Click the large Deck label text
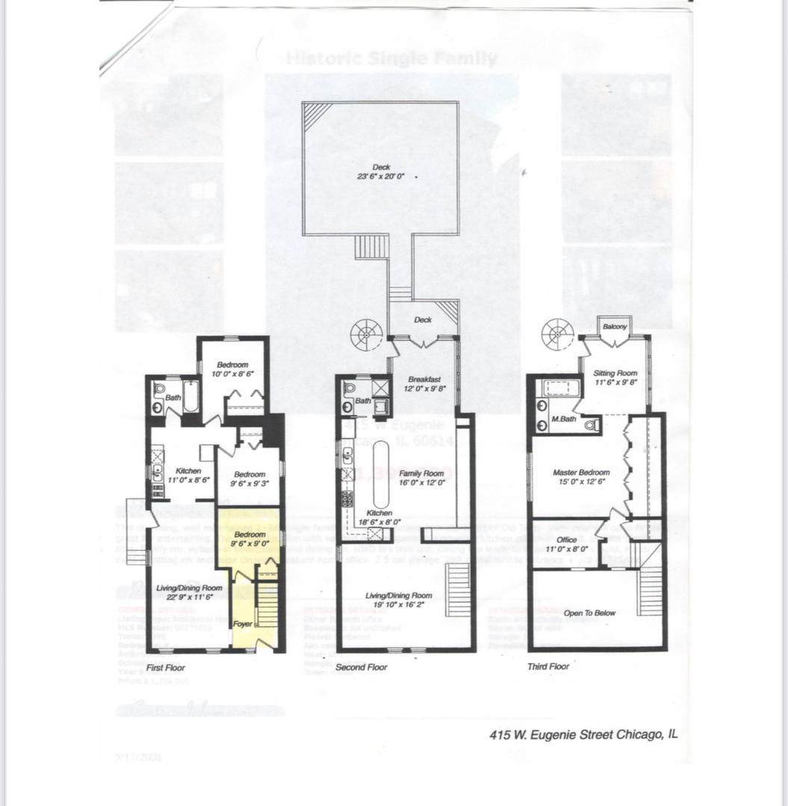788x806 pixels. pyautogui.click(x=381, y=167)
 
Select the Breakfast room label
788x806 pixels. pyautogui.click(x=424, y=379)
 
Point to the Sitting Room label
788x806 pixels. pyautogui.click(x=615, y=373)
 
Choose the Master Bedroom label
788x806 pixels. pyautogui.click(x=581, y=472)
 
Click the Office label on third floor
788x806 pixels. pyautogui.click(x=567, y=540)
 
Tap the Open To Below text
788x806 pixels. pyautogui.click(x=590, y=613)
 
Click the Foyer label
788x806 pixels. pyautogui.click(x=243, y=623)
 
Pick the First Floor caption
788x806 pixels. pyautogui.click(x=165, y=667)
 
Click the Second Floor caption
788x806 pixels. pyautogui.click(x=362, y=667)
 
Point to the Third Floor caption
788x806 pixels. pyautogui.click(x=547, y=666)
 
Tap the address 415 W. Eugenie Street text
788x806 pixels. pyautogui.click(x=583, y=734)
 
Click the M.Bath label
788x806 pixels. pyautogui.click(x=562, y=419)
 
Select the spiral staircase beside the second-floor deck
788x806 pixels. pyautogui.click(x=367, y=334)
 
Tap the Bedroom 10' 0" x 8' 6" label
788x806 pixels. pyautogui.click(x=232, y=369)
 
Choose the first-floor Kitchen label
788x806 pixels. pyautogui.click(x=188, y=472)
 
